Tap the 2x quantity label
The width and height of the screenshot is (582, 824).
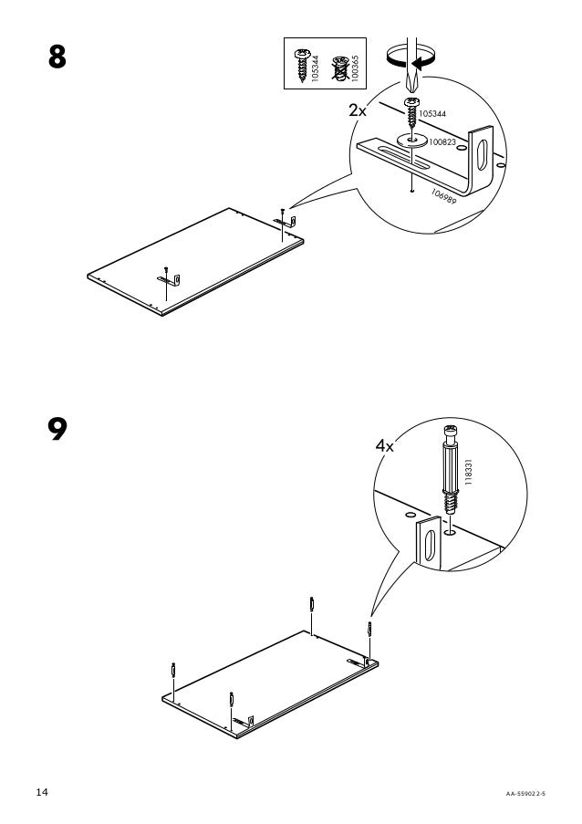pyautogui.click(x=357, y=111)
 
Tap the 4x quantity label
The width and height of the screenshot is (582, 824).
pyautogui.click(x=386, y=447)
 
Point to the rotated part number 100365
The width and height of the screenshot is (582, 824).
pyautogui.click(x=355, y=64)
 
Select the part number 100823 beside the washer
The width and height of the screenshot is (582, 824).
pyautogui.click(x=442, y=142)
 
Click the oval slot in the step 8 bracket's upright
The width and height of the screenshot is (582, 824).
pyautogui.click(x=483, y=151)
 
